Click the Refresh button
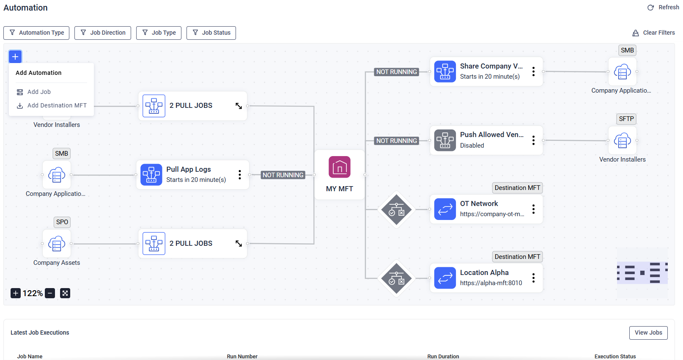[663, 8]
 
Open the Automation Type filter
[36, 33]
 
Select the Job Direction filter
[103, 33]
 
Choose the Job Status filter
[211, 33]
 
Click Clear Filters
[653, 33]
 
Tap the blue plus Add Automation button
[15, 57]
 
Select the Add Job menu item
[39, 92]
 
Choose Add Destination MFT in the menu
[57, 105]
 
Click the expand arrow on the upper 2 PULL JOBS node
[239, 106]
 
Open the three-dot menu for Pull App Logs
[239, 175]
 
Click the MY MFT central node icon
[340, 168]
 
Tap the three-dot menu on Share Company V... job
[533, 71]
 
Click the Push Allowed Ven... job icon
[445, 140]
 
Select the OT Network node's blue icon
[445, 209]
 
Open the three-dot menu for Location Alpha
[533, 278]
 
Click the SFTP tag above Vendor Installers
[626, 119]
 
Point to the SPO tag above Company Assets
[62, 222]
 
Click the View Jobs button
[648, 333]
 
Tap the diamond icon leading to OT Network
[396, 209]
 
